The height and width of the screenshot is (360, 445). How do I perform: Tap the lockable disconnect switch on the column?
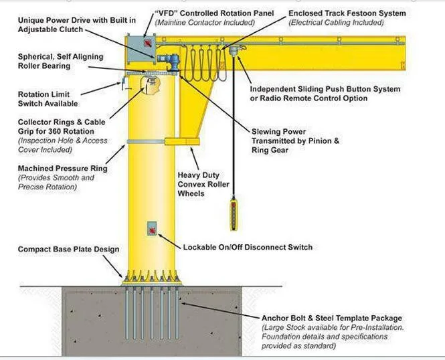[153, 230]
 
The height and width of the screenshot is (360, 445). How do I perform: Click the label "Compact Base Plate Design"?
[69, 250]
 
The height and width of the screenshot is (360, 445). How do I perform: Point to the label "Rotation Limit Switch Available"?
[48, 99]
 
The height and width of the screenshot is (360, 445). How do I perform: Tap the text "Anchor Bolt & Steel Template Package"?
[332, 318]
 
